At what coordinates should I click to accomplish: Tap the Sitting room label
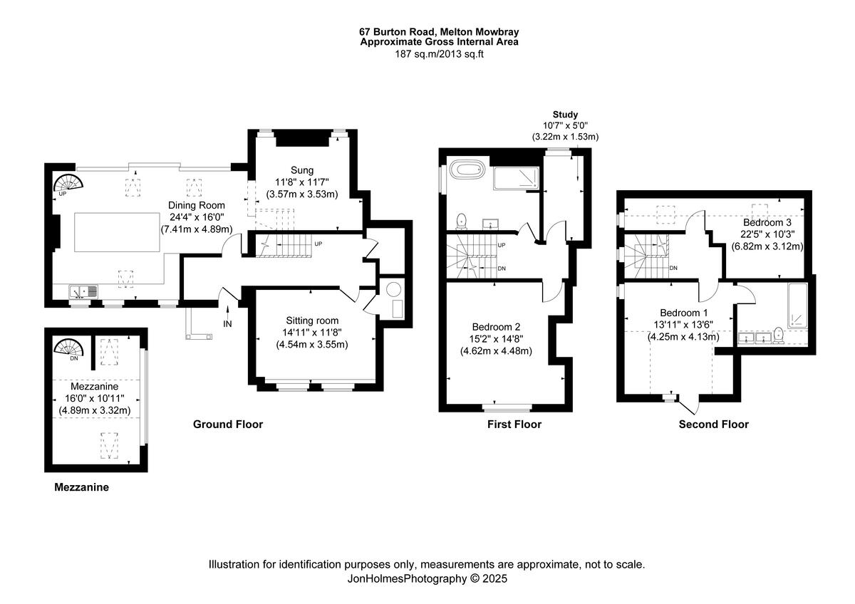pyautogui.click(x=313, y=321)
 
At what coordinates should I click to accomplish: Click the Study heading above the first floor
pyautogui.click(x=565, y=114)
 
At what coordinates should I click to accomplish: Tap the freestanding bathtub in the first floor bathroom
pyautogui.click(x=470, y=171)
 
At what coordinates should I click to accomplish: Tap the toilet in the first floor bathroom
pyautogui.click(x=462, y=220)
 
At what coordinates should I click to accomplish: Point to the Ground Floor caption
pyautogui.click(x=228, y=425)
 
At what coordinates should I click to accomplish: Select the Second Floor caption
pyautogui.click(x=713, y=425)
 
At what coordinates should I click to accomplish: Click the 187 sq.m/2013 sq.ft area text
pyautogui.click(x=439, y=53)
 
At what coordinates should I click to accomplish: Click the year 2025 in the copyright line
pyautogui.click(x=494, y=579)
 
